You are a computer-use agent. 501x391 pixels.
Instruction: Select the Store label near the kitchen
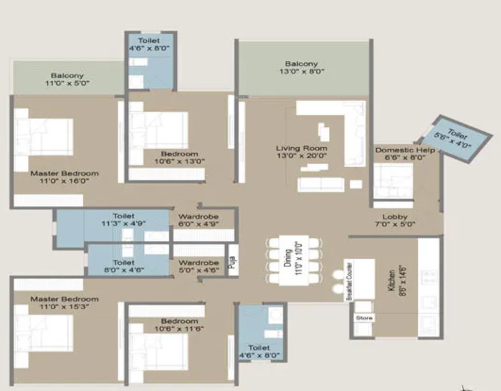(x=364, y=318)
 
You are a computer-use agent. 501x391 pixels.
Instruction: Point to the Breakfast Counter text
(x=349, y=281)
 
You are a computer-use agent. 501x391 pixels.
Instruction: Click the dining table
(x=294, y=260)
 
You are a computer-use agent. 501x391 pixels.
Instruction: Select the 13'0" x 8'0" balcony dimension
(x=302, y=71)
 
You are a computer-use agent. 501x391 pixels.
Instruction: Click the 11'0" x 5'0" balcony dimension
(x=67, y=83)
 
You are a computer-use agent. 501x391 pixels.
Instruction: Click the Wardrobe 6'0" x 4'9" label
(x=199, y=220)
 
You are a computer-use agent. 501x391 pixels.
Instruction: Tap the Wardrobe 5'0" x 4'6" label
(x=199, y=266)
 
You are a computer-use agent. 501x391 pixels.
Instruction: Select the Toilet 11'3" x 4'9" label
(x=123, y=220)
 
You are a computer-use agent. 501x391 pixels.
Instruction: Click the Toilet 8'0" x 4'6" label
(x=124, y=266)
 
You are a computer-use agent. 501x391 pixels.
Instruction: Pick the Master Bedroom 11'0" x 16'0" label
(x=65, y=177)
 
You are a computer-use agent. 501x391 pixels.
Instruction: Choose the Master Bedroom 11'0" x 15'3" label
(x=65, y=303)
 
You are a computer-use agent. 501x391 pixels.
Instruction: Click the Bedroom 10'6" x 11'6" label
(x=179, y=325)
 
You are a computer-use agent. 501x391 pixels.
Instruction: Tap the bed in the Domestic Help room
(x=394, y=181)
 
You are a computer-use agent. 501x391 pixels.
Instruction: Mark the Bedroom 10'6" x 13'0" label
(x=179, y=158)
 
